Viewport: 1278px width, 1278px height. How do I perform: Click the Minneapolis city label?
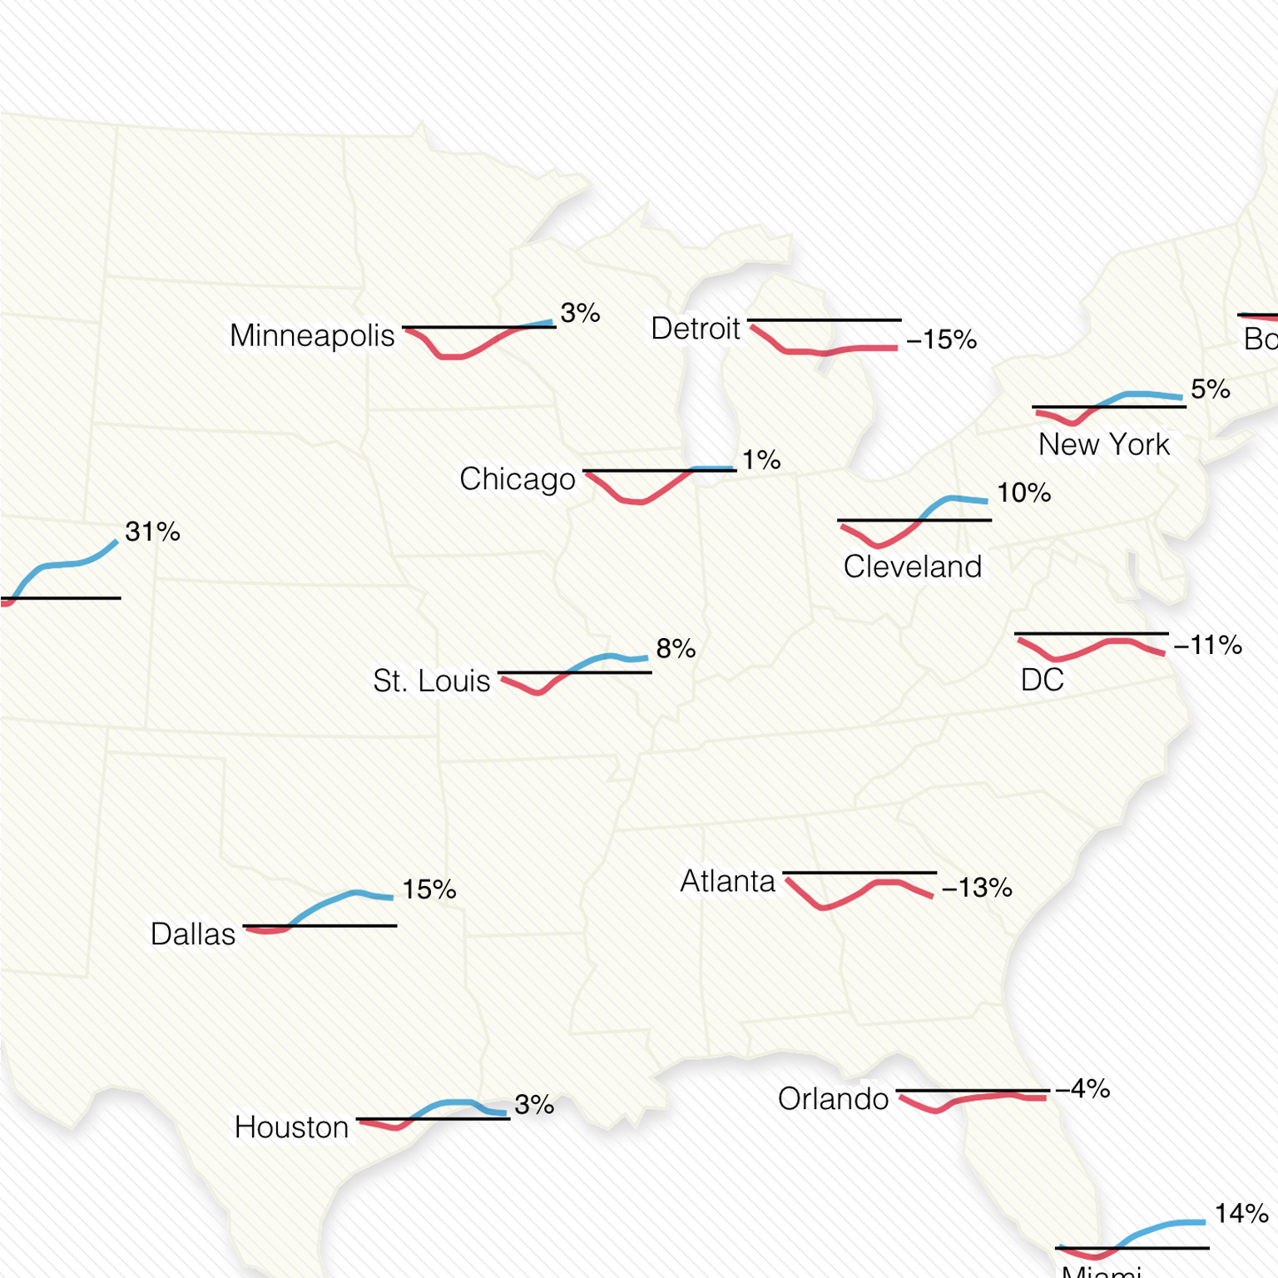312,336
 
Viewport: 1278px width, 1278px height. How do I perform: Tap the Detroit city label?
695,329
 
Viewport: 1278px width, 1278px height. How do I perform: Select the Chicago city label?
517,479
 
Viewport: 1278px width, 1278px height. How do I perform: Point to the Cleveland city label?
912,567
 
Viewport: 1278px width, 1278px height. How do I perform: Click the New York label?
1103,444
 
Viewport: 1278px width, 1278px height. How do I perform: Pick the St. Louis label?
431,681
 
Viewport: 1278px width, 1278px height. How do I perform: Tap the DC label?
1042,680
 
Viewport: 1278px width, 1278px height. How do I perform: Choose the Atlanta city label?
727,881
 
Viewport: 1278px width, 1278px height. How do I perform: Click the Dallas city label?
193,934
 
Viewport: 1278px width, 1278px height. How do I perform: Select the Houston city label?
291,1127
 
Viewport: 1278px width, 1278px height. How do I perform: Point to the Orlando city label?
833,1099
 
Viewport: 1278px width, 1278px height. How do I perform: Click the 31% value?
152,532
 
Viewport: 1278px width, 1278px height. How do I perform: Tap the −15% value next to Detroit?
941,339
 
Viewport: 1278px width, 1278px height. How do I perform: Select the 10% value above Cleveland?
1023,493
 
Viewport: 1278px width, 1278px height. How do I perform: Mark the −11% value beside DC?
1207,645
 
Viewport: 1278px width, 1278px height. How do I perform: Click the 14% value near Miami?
1241,1214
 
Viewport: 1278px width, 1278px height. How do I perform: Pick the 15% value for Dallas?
429,889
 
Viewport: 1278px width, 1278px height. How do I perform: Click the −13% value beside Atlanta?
977,888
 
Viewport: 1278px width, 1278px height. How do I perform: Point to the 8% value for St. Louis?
676,648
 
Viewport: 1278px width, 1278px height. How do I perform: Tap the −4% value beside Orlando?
1082,1088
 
